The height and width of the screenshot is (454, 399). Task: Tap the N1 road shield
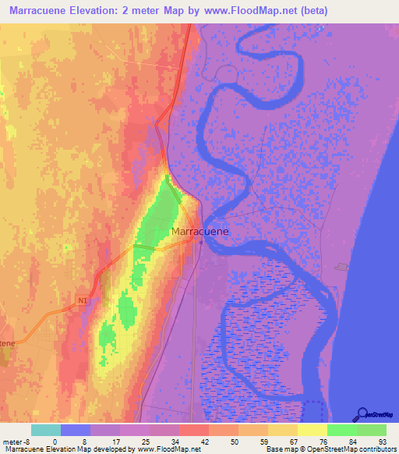click(x=83, y=299)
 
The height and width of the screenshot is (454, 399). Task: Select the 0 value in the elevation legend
click(x=55, y=441)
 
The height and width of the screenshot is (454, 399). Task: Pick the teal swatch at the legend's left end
click(x=46, y=430)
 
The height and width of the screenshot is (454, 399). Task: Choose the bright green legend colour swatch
click(x=342, y=430)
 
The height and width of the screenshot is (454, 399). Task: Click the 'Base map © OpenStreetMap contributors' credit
click(x=328, y=449)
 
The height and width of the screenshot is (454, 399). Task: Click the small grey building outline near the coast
click(x=342, y=268)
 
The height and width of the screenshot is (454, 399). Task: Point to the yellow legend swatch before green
click(x=312, y=430)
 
